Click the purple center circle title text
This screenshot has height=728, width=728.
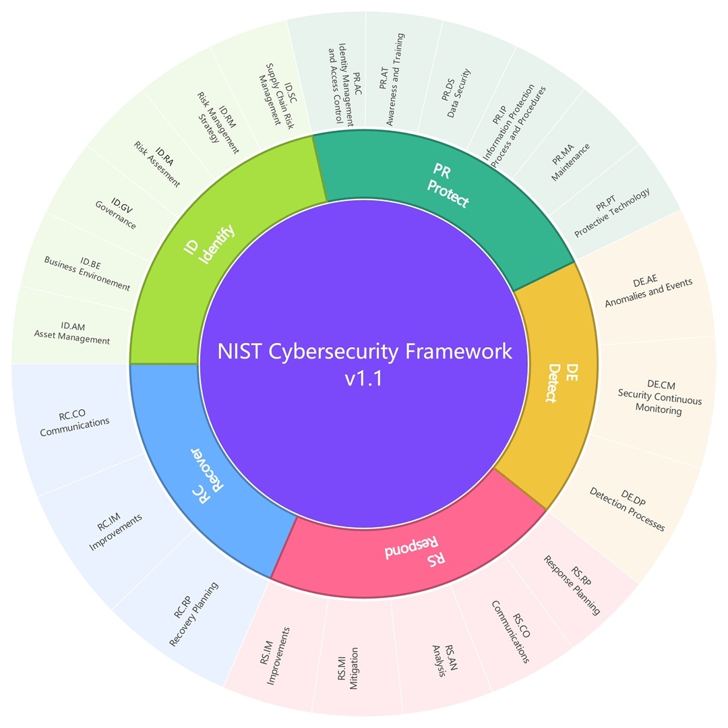coord(364,364)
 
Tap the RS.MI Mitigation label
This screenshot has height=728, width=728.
coord(348,669)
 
